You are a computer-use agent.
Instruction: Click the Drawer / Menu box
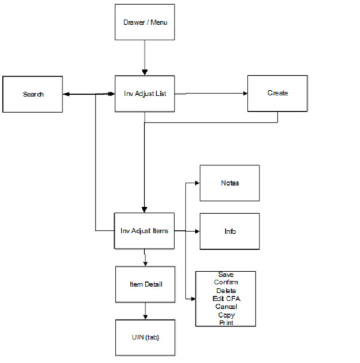(145, 22)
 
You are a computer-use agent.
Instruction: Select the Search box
(33, 94)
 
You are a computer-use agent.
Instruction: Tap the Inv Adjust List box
(145, 94)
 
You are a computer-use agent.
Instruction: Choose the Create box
(277, 93)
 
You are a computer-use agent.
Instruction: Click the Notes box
(229, 183)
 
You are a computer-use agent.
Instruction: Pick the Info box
(229, 231)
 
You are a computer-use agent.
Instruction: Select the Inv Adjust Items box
(144, 231)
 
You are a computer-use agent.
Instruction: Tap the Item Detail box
(145, 284)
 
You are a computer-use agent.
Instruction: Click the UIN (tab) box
(145, 337)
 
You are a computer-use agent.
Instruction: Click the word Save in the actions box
(226, 275)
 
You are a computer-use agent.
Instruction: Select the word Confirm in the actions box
(226, 283)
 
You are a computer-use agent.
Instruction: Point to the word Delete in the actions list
(226, 291)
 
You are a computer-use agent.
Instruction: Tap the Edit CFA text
(226, 299)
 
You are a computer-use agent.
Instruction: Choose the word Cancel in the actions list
(226, 307)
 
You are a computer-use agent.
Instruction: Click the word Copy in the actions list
(226, 315)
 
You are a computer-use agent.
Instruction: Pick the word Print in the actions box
(226, 323)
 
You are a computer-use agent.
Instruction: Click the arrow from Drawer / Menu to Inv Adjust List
(145, 57)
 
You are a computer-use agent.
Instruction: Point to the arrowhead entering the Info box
(196, 231)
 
